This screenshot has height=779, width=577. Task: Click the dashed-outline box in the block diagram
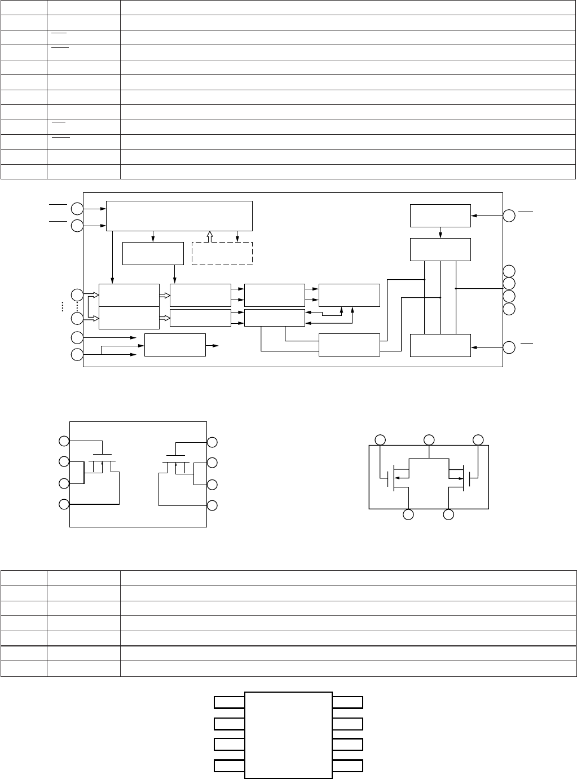(x=222, y=253)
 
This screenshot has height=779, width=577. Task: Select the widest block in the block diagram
(x=179, y=215)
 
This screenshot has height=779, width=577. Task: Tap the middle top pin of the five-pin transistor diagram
(x=429, y=439)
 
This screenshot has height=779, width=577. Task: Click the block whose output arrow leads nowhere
(x=175, y=345)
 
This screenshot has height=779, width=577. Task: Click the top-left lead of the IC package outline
(x=229, y=702)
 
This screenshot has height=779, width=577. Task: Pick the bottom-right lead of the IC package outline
(x=347, y=766)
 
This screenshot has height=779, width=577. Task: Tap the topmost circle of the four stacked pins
(x=509, y=271)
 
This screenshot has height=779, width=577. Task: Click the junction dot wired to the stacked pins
(x=455, y=288)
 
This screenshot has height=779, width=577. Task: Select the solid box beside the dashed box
(x=153, y=253)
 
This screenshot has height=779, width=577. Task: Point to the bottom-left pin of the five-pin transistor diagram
(x=408, y=514)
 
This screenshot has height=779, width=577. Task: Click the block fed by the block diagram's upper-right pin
(x=440, y=215)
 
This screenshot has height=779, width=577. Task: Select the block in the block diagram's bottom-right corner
(x=440, y=345)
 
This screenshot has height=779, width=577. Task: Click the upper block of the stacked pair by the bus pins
(x=129, y=295)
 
